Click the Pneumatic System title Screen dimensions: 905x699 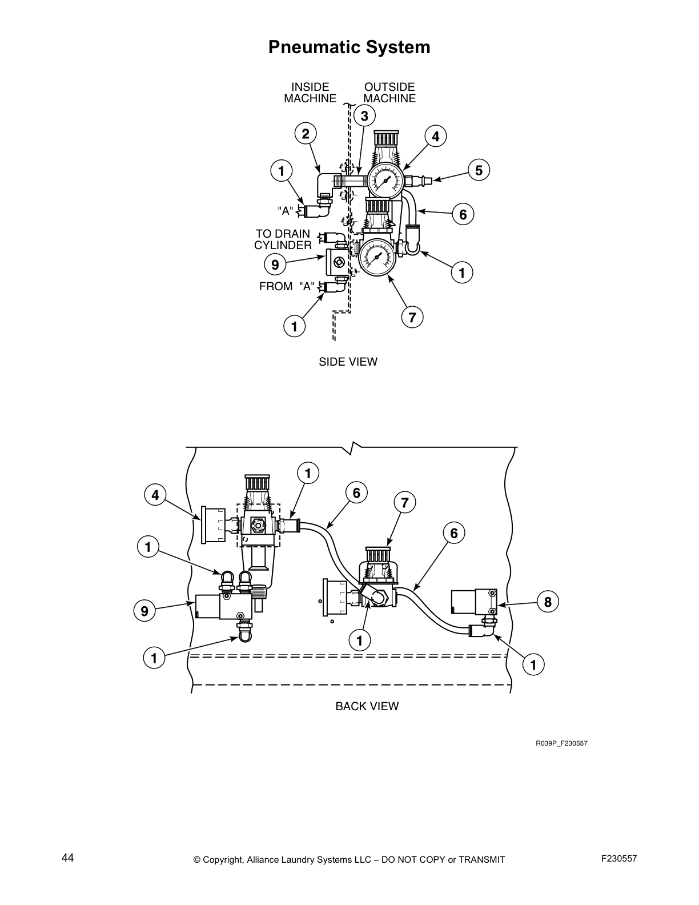pos(349,47)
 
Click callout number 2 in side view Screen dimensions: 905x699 pos(306,134)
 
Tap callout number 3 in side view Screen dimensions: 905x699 pos(364,116)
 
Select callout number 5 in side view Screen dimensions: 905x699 pos(479,170)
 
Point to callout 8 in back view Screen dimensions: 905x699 pos(547,602)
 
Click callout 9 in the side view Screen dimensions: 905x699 pos(275,265)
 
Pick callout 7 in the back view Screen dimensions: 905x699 pos(404,503)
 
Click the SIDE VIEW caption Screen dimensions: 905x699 pos(348,362)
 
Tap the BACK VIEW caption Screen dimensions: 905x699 pos(367,706)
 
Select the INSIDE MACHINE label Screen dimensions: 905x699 pos(310,93)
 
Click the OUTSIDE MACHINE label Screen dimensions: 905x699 pos(389,93)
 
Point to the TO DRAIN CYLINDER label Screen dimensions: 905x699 pos(283,239)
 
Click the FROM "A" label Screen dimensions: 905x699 pos(287,286)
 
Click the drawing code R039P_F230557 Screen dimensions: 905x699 pos(561,743)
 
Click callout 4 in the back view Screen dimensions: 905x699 pos(155,495)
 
